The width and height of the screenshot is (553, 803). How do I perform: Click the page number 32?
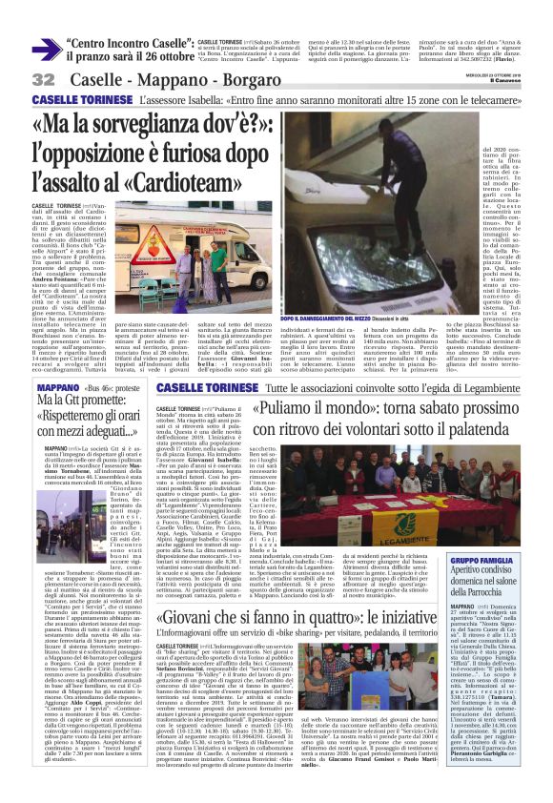(x=44, y=79)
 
